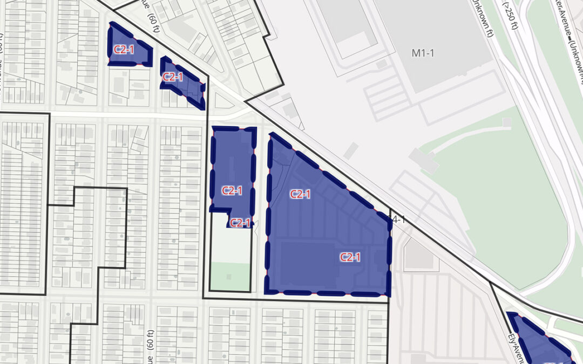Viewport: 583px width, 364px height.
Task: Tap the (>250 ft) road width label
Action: [x=510, y=17]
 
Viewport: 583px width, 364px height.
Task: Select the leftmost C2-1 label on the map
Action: [x=124, y=50]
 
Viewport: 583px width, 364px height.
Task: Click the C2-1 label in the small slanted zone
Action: [x=173, y=77]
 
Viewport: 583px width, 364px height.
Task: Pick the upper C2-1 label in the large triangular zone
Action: [x=300, y=194]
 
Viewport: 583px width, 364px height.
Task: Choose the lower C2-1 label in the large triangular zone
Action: [x=350, y=257]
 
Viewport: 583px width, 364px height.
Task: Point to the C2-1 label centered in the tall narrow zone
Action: [x=232, y=190]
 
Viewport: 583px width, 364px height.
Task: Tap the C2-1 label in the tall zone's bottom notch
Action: [x=240, y=223]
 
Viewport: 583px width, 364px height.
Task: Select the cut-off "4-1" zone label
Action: [x=397, y=219]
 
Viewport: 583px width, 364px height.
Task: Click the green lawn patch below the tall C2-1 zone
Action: [x=229, y=275]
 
